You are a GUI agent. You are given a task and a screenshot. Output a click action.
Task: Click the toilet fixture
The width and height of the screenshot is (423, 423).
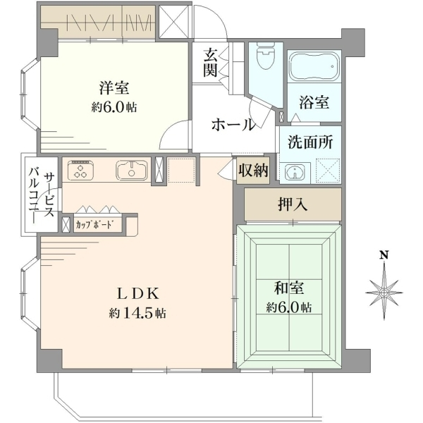[x=265, y=56]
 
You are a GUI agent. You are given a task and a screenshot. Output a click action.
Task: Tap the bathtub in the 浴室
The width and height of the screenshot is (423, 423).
[x=314, y=66]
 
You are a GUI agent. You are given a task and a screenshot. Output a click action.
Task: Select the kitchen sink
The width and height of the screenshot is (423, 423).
[x=132, y=171]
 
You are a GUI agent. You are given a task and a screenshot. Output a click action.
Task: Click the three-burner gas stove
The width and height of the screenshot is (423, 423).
[x=80, y=170]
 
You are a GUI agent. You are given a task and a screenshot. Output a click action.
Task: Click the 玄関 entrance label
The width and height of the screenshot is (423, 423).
[x=210, y=63]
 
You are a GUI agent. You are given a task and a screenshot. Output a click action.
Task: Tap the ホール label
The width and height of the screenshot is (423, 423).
[x=233, y=125]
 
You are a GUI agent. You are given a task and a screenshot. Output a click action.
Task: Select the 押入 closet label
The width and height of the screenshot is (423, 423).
[x=293, y=204]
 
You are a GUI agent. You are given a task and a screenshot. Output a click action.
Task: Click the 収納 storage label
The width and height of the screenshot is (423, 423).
[x=253, y=170]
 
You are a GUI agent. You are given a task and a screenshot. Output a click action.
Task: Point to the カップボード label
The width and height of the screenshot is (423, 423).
[x=94, y=224]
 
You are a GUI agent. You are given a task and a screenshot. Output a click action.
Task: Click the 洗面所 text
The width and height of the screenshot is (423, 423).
[x=310, y=142]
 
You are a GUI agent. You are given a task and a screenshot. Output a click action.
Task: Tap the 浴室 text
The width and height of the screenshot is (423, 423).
[x=314, y=102]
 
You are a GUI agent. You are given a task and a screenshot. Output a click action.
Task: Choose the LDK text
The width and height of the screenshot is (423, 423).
[x=137, y=294]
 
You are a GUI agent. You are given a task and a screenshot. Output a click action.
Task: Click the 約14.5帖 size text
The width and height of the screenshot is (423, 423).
[x=137, y=313]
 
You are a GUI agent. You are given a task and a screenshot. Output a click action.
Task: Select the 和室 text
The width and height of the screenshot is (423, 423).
[x=289, y=288]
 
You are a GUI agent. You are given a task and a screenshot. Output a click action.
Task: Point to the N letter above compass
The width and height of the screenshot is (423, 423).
[x=384, y=255]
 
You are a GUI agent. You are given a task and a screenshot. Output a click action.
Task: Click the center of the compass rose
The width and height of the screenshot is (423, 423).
[x=384, y=293]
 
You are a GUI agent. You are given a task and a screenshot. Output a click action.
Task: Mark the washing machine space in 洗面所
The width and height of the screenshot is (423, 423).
[x=328, y=171]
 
